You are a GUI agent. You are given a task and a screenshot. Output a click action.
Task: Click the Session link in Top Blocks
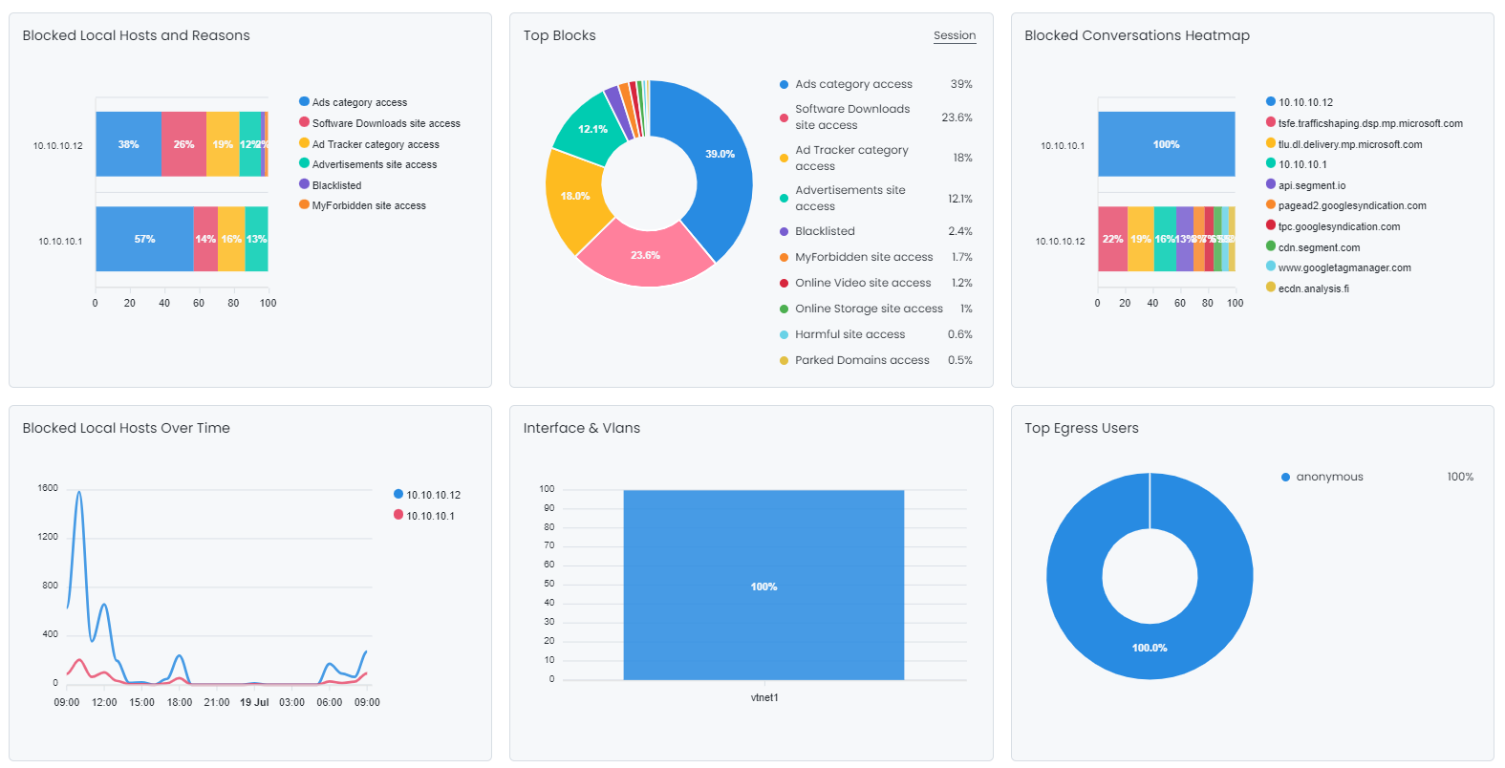pyautogui.click(x=954, y=35)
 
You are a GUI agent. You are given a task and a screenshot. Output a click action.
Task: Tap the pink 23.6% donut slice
pyautogui.click(x=645, y=255)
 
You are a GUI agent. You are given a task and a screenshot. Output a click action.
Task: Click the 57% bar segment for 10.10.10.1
pyautogui.click(x=144, y=239)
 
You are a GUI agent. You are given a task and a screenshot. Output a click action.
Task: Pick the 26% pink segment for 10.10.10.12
pyautogui.click(x=183, y=144)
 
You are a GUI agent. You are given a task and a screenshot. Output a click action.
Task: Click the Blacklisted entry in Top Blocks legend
pyautogui.click(x=825, y=231)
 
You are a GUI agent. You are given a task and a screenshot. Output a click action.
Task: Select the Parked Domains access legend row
pyautogui.click(x=862, y=360)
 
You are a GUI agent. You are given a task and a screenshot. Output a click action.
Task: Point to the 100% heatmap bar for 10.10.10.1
pyautogui.click(x=1166, y=144)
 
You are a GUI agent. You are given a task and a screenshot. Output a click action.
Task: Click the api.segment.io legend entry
pyautogui.click(x=1311, y=185)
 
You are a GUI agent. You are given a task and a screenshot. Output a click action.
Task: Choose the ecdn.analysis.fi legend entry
pyautogui.click(x=1313, y=288)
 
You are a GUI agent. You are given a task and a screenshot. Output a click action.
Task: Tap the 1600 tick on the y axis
pyautogui.click(x=48, y=488)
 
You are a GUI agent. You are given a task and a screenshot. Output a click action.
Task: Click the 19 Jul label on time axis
pyautogui.click(x=254, y=702)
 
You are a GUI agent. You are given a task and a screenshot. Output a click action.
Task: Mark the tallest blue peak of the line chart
pyautogui.click(x=78, y=493)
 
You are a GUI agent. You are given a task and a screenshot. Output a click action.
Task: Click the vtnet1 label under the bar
pyautogui.click(x=763, y=697)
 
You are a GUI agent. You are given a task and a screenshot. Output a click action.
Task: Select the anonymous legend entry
pyautogui.click(x=1328, y=477)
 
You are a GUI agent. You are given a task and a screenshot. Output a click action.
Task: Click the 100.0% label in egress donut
pyautogui.click(x=1149, y=648)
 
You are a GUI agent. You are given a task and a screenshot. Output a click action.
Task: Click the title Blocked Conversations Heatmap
pyautogui.click(x=1136, y=35)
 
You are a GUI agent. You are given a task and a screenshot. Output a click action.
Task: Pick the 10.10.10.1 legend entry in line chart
pyautogui.click(x=429, y=516)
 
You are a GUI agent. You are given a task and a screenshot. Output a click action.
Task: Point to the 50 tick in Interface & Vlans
pyautogui.click(x=548, y=584)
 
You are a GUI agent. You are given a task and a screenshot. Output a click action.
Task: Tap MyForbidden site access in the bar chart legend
pyautogui.click(x=368, y=205)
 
